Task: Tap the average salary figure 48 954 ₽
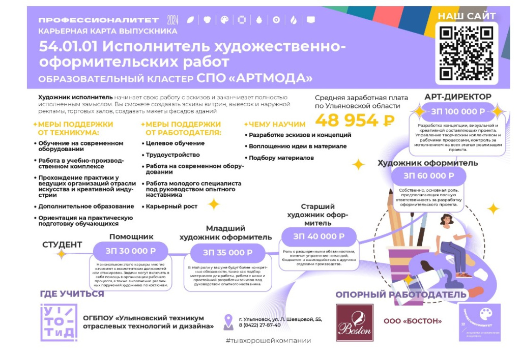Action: coord(355,121)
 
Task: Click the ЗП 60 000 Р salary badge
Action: coord(428,176)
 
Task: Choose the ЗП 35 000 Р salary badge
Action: coord(227,252)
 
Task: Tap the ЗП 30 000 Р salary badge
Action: coord(130,251)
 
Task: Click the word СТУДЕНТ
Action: coord(62,245)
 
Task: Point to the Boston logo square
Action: coord(354,323)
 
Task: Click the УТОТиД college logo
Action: coord(59,322)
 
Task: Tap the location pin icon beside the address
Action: coord(228,321)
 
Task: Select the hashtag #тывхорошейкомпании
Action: coord(268,341)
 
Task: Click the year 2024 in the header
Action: coord(172,20)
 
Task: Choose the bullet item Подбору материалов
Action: coord(281,158)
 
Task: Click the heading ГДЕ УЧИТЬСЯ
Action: coord(72,294)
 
